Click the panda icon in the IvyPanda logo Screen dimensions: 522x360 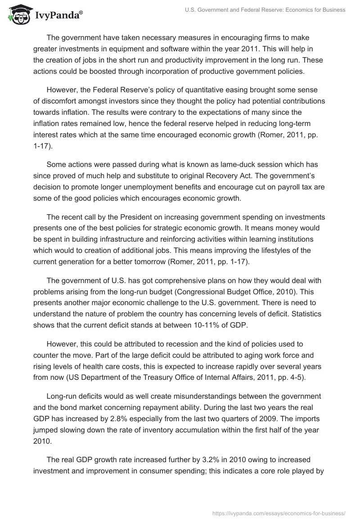coord(18,15)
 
